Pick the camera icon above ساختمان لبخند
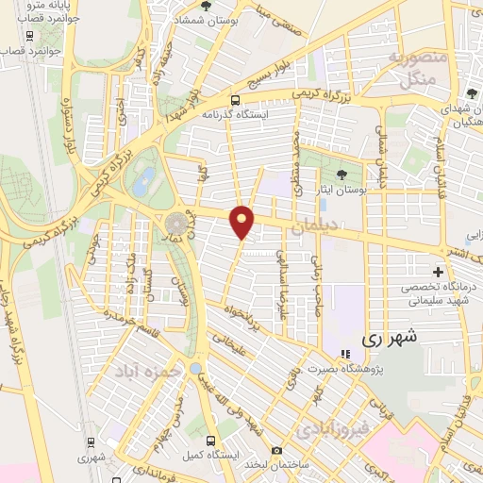(x=276, y=451)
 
